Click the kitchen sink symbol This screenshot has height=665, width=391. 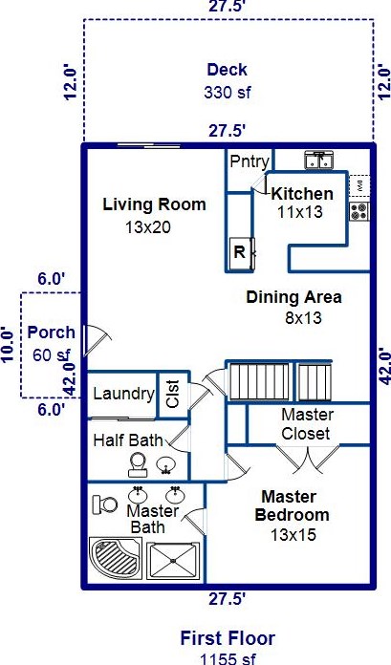click(319, 160)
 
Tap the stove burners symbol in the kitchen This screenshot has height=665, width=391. click(359, 211)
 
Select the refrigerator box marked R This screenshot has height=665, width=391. click(241, 253)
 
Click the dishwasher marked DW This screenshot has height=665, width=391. click(359, 185)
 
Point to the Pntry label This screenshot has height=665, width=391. click(250, 161)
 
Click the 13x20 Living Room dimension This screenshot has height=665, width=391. click(148, 227)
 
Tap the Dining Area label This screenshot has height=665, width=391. click(293, 297)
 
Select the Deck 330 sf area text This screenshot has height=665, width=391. click(228, 81)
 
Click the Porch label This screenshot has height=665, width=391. click(51, 332)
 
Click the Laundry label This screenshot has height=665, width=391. click(123, 394)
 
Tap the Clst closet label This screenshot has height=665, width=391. click(174, 394)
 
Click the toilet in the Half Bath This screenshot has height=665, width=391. click(138, 464)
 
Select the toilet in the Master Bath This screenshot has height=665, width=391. click(105, 504)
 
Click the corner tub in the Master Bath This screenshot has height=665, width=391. click(115, 558)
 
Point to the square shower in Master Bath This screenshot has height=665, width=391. click(173, 560)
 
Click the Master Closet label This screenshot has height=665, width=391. click(306, 424)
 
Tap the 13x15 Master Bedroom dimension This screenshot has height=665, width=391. click(293, 535)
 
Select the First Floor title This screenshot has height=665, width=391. click(228, 638)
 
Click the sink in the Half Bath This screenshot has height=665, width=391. click(164, 464)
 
